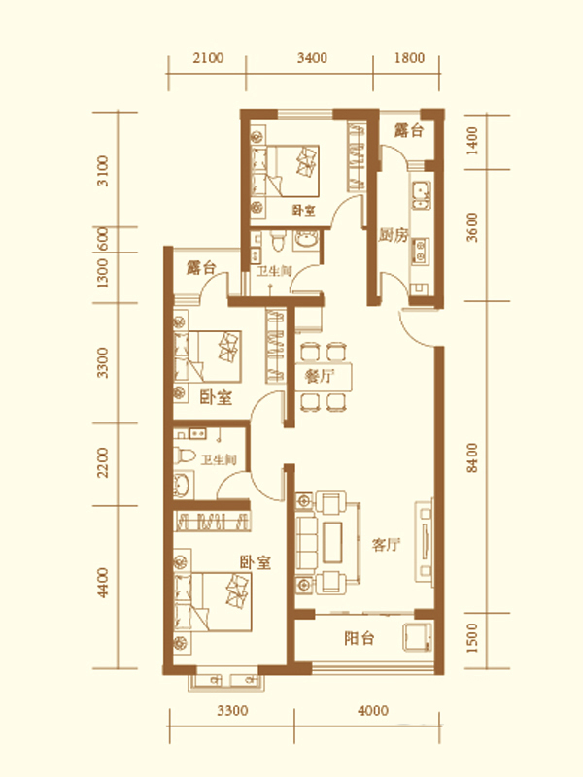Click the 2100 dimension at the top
pyautogui.click(x=208, y=58)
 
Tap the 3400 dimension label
pyautogui.click(x=312, y=58)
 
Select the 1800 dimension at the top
pyautogui.click(x=409, y=58)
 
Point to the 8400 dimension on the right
pyautogui.click(x=472, y=457)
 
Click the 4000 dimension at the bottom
pyautogui.click(x=373, y=711)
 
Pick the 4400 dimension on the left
pyautogui.click(x=103, y=583)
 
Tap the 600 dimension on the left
pyautogui.click(x=103, y=239)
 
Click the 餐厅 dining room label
pyautogui.click(x=320, y=376)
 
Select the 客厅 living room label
pyautogui.click(x=386, y=545)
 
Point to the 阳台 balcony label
pyautogui.click(x=359, y=638)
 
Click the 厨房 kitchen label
pyautogui.click(x=394, y=235)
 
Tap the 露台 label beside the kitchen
pyautogui.click(x=408, y=130)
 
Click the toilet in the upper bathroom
pyautogui.click(x=279, y=240)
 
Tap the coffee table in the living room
pyautogui.click(x=332, y=542)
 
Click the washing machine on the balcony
pyautogui.click(x=417, y=637)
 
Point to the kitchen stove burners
pyautogui.click(x=421, y=251)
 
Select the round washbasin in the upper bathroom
pyautogui.click(x=307, y=239)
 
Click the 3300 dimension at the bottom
pyautogui.click(x=232, y=711)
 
